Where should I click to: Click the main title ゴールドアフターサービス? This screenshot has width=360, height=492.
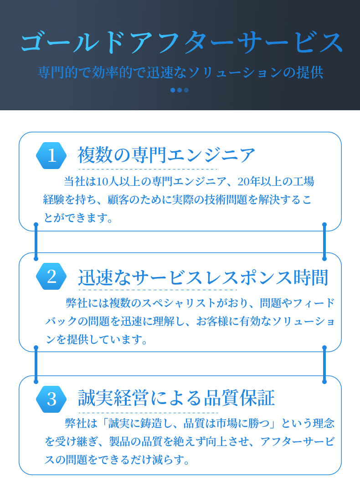(181, 42)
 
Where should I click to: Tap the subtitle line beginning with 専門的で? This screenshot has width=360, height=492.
(180, 72)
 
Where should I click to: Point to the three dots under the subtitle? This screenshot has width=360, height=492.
(180, 90)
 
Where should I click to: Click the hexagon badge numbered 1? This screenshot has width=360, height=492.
(51, 156)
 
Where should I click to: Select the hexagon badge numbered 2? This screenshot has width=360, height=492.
(51, 277)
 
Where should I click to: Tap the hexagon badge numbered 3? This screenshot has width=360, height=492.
(51, 399)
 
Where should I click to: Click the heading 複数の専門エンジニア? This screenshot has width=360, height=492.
(166, 155)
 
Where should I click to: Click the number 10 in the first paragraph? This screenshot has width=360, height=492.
(103, 182)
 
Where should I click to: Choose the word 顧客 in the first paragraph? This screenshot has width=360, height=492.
(118, 200)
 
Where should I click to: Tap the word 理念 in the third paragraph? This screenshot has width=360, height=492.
(324, 424)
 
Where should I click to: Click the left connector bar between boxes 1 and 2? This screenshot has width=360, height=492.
(36, 241)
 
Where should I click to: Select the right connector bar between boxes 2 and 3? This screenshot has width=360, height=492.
(324, 364)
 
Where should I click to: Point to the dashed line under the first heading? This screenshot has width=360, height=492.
(148, 169)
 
